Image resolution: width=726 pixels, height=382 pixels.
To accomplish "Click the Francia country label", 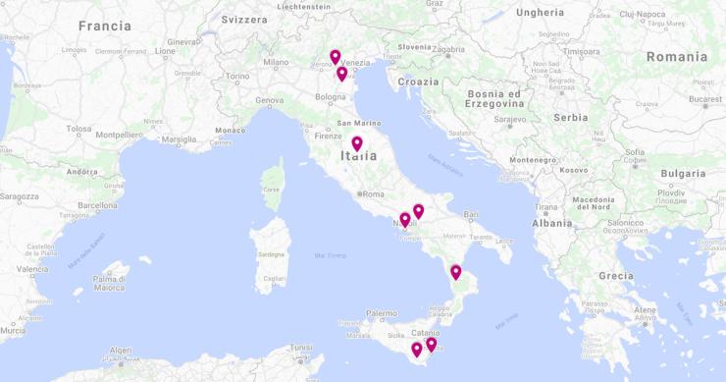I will pos(105,26).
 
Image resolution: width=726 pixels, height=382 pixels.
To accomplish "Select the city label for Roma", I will pos(374,193).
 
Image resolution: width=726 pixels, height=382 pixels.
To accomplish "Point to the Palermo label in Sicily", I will pos(382,314).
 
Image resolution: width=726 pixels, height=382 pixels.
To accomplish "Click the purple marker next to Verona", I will pos(335,57).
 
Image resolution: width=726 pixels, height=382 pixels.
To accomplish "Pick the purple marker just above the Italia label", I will pos(357,143).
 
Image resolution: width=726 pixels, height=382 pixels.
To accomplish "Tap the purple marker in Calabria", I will pos(455,272).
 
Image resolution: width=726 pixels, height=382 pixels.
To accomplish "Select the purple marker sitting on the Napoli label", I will pos(404,220).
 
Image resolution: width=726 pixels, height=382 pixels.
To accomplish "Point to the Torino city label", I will pos(238,76).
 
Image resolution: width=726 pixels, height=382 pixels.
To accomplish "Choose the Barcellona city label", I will pos(97,205).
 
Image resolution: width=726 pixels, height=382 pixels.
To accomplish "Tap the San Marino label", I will pos(359,123).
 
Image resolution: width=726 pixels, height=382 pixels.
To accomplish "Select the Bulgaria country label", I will pos(682,173).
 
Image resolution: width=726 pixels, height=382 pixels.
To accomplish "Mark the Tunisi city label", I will pos(301,346).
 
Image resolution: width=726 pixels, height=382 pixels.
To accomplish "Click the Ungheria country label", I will pos(540,13).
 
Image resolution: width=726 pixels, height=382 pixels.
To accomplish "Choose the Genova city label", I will pos(270,100).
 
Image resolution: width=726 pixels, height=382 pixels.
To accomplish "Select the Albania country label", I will pos(550,223).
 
